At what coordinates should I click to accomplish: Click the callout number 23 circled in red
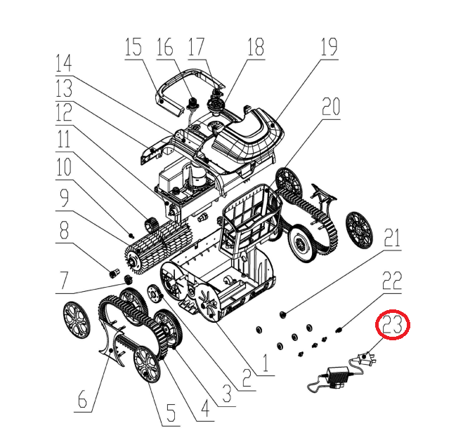(x=393, y=324)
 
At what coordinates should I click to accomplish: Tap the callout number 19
(x=329, y=47)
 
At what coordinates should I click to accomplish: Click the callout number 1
(x=266, y=363)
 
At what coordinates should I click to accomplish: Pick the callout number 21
(x=392, y=238)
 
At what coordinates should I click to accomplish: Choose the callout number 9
(x=64, y=198)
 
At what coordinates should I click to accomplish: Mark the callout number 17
(x=196, y=47)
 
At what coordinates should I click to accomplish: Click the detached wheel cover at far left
(x=77, y=320)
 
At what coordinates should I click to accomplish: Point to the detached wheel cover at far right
(x=359, y=230)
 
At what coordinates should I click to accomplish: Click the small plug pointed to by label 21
(x=282, y=315)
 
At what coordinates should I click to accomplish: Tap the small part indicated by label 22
(x=339, y=329)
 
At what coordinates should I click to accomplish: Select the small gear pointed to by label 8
(x=115, y=274)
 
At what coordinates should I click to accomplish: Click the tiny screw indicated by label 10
(x=131, y=235)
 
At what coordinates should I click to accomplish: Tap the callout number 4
(x=205, y=409)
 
